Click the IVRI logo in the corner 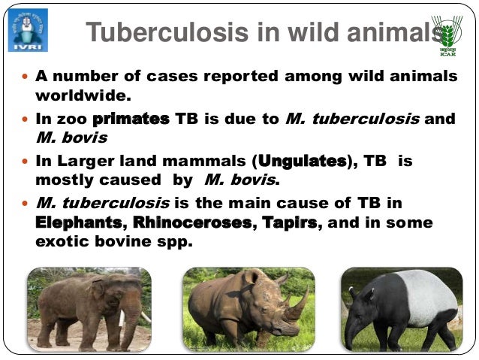pos(28,29)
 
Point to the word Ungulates pos(303,161)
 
